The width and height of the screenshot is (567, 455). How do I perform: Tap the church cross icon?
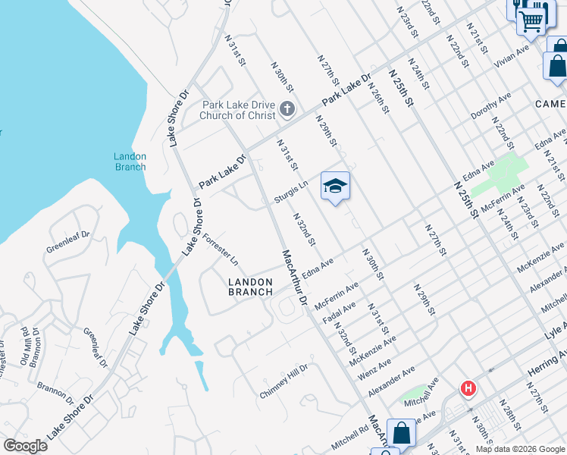pos(287,109)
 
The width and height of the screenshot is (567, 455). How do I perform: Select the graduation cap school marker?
pos(335,186)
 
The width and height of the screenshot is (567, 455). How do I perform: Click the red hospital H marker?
pos(468,389)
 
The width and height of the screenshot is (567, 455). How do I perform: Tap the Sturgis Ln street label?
pos(291,191)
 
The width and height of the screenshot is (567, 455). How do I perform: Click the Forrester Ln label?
pos(221,249)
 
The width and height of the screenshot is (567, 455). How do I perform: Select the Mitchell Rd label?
pos(349,435)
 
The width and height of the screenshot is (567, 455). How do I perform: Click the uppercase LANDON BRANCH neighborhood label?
pos(251,287)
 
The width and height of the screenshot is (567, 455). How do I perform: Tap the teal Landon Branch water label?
pos(130,162)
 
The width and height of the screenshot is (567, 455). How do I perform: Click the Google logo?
pos(25,446)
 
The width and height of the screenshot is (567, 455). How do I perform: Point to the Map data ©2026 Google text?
pos(520,449)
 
